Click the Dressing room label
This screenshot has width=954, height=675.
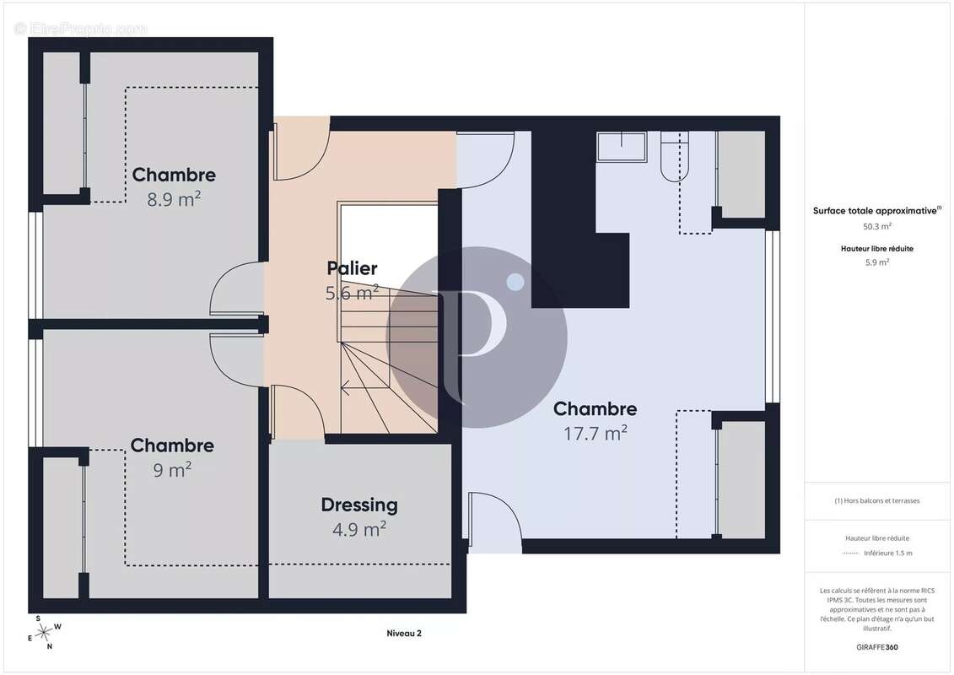coord(359,505)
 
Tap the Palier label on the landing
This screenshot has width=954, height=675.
coord(352,267)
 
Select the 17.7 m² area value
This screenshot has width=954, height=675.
coord(595,434)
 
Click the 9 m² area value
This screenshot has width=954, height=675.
coord(171,470)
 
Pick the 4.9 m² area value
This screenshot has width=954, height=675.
coord(359,529)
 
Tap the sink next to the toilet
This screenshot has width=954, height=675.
coord(621,147)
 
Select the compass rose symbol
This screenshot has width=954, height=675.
coord(44,634)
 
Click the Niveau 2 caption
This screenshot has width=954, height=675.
coord(404,634)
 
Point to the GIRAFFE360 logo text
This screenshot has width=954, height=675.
coord(876,647)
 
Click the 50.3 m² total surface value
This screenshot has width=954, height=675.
coord(876,226)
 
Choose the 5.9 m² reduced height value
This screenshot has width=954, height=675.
coord(876,262)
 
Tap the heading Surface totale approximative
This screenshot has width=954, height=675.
coord(875,211)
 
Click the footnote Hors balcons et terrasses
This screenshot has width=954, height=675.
coord(876,501)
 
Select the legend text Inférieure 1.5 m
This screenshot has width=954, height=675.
coord(887,553)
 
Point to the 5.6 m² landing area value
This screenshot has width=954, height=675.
coord(352,293)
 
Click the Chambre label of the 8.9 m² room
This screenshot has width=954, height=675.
coord(174,175)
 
